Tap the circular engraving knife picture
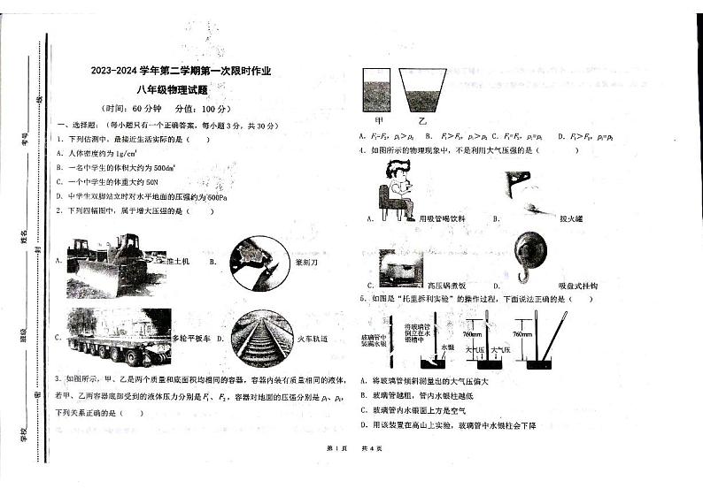258,263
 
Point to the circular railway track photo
259,337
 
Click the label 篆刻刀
306,263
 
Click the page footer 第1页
335,448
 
